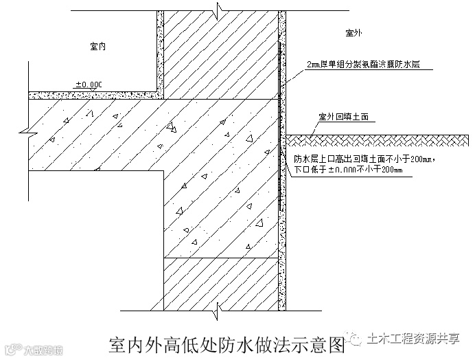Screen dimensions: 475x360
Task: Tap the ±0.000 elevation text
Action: click(x=89, y=85)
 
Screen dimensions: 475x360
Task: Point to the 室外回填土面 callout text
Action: click(x=344, y=117)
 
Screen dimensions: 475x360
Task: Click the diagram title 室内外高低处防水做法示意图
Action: click(x=226, y=343)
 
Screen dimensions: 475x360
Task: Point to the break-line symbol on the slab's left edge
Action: click(x=25, y=130)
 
